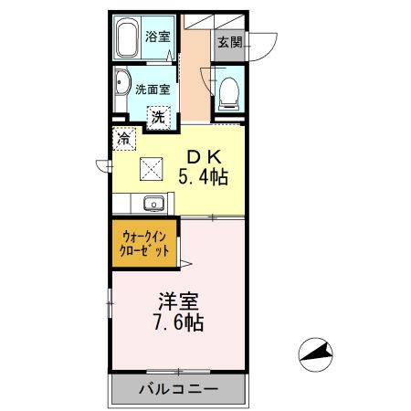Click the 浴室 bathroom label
tap(158, 37)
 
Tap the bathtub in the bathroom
tap(128, 37)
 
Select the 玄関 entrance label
tap(229, 41)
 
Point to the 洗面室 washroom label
tap(153, 90)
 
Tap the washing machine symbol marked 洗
tap(159, 117)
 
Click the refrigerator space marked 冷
tap(123, 139)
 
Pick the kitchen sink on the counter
tap(152, 204)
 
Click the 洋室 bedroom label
tap(179, 300)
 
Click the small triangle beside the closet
tap(185, 265)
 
